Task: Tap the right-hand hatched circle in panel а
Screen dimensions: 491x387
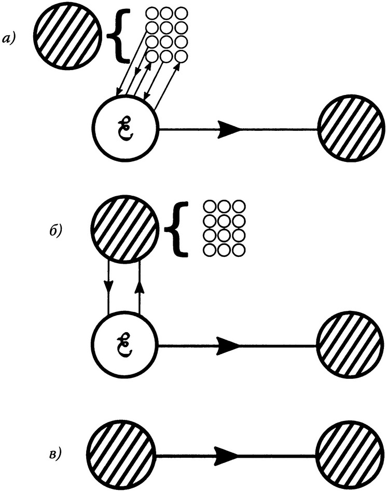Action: click(350, 130)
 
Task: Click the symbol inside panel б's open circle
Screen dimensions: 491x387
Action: click(125, 344)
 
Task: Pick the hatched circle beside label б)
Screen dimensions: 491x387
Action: click(125, 229)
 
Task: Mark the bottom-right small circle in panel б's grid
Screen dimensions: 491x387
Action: click(238, 250)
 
